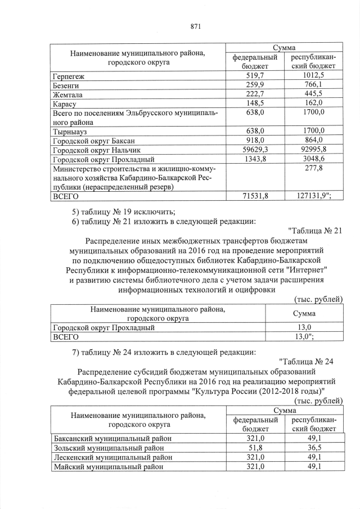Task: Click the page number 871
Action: [x=196, y=26]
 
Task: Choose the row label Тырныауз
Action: [x=72, y=131]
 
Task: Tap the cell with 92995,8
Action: [x=313, y=150]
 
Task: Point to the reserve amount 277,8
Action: [x=313, y=168]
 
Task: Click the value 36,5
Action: [x=313, y=448]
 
